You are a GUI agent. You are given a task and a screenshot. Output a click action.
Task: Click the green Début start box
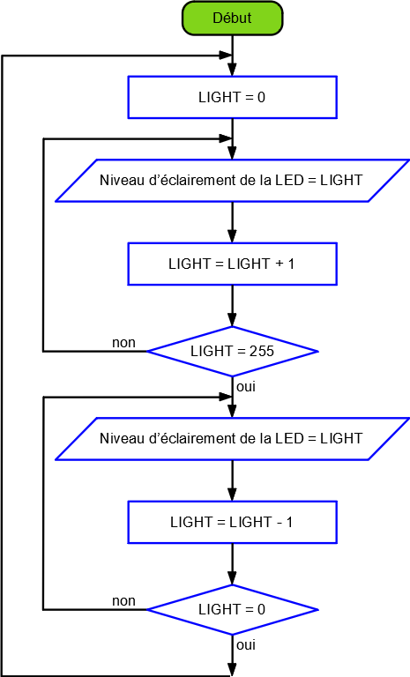(232, 19)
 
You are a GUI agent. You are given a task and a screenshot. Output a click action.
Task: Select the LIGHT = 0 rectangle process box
(232, 97)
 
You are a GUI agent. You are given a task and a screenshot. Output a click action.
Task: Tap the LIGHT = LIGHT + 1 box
(232, 264)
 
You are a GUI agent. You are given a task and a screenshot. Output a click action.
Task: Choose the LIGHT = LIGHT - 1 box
(232, 522)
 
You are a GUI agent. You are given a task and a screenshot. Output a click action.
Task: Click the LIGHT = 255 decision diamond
(233, 352)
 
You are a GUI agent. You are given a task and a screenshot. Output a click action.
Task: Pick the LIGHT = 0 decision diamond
(233, 610)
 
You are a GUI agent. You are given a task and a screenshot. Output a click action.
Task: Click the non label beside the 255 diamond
(123, 343)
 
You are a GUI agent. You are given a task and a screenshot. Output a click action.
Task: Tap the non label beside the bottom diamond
(123, 601)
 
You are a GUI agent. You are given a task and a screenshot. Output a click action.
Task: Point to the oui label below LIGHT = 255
(246, 387)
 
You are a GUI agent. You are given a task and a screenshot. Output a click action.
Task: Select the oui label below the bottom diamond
(246, 645)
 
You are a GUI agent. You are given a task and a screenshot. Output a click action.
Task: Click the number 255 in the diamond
(262, 351)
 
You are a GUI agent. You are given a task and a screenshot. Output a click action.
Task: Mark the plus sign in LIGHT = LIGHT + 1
(280, 264)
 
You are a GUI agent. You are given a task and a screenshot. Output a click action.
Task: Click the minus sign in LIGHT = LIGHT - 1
(280, 523)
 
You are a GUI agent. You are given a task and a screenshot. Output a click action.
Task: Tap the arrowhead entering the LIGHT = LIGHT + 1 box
(232, 236)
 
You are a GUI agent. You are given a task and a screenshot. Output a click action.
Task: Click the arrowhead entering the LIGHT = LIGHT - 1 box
(232, 495)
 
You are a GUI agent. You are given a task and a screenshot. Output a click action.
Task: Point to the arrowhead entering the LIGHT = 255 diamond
(232, 320)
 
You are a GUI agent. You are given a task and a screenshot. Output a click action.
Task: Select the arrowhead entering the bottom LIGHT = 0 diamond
(232, 578)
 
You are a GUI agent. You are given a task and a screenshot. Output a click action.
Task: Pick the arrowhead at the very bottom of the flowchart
(232, 670)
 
